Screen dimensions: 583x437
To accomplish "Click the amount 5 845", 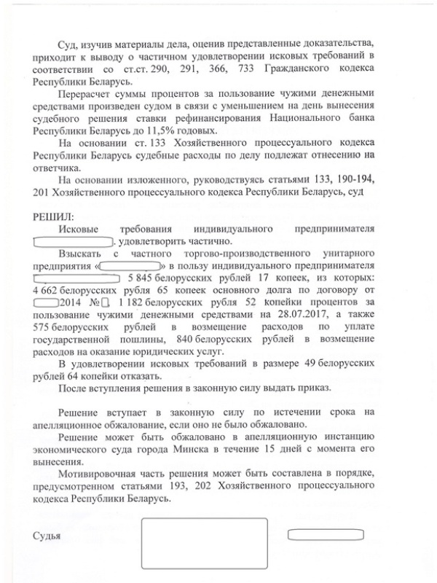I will pos(142,278).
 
